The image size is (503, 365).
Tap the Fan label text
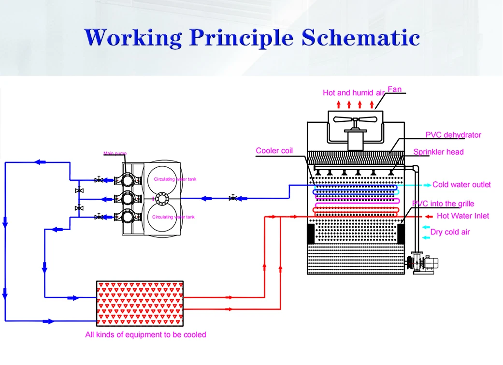394,89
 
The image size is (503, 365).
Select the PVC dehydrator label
453,135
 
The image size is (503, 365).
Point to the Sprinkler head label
438,152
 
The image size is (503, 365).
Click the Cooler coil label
274,151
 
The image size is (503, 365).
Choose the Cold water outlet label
461,185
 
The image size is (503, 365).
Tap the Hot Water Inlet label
463,216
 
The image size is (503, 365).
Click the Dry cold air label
450,232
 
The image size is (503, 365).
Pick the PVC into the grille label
443,204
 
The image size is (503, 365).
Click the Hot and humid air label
354,93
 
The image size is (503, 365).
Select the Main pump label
115,154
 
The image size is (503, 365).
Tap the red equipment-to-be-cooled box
140,301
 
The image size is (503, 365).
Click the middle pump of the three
128,198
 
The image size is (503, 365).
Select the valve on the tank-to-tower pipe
233,198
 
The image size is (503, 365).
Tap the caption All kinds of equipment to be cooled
145,335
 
